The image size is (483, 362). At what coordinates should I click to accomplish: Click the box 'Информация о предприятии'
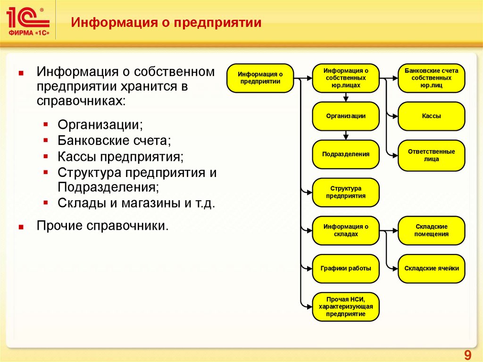click(260, 78)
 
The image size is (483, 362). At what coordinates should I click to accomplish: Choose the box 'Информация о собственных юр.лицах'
click(346, 78)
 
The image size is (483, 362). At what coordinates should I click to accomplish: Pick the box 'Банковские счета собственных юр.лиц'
click(432, 78)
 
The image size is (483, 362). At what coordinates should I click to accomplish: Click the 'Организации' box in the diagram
click(346, 116)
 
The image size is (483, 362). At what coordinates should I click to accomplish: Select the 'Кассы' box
click(432, 116)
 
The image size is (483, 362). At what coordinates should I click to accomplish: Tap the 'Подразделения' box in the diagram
click(346, 154)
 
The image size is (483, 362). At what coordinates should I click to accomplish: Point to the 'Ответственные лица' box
click(432, 155)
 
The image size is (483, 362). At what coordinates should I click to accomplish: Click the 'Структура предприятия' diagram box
click(346, 192)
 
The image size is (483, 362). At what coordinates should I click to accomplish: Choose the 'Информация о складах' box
click(346, 230)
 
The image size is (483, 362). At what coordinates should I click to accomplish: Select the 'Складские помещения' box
click(432, 230)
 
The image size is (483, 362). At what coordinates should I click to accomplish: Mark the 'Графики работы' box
click(346, 268)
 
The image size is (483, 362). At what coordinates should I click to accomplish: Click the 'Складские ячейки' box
click(432, 269)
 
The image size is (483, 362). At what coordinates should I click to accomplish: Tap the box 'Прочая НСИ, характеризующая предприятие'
click(346, 307)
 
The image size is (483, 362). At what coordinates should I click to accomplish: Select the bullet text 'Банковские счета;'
click(114, 141)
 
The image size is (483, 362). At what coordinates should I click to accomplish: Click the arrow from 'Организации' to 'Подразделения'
click(346, 135)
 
